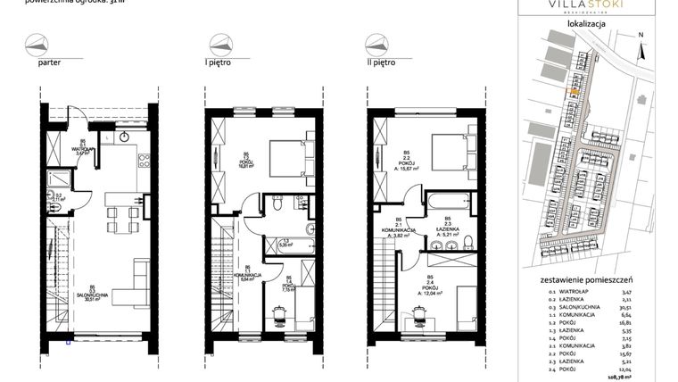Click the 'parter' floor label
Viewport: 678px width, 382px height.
[x=49, y=64]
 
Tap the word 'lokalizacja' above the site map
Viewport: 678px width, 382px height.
[x=586, y=24]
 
